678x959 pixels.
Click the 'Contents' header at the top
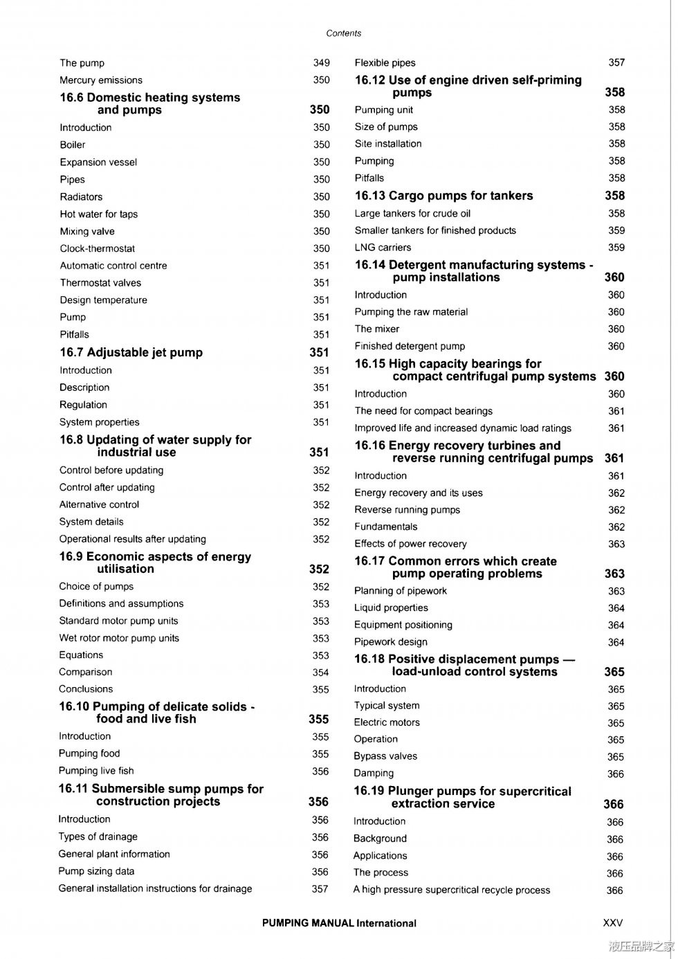343,33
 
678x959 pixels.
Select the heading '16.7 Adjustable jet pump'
131,353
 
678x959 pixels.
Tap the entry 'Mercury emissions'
101,80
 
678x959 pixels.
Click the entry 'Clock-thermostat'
98,248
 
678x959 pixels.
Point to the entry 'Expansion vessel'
98,162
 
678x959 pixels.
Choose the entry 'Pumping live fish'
96,771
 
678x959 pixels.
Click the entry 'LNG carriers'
383,248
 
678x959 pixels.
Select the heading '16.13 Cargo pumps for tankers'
443,196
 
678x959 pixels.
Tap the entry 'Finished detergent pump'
410,346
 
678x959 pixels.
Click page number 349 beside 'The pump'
321,63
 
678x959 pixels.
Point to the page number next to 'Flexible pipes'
616,62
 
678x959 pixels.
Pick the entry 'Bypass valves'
385,756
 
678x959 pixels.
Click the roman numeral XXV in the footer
613,923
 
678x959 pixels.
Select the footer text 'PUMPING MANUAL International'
339,923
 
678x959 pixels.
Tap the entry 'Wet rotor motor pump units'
119,638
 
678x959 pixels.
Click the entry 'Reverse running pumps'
407,510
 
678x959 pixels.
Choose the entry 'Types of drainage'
98,837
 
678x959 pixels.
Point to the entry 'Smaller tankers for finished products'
435,230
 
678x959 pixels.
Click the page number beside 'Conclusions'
320,689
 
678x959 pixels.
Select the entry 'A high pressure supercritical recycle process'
452,890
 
